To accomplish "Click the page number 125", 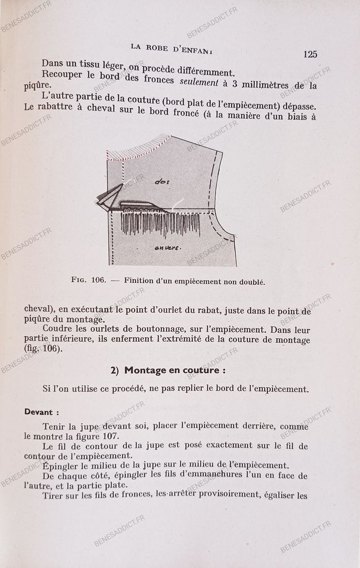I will coord(310,54).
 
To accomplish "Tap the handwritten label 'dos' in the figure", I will coord(162,181).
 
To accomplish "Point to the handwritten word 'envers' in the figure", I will coord(167,248).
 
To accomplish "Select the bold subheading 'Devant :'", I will coord(42,412).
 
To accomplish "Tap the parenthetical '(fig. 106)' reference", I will coord(43,349).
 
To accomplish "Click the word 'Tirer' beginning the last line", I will coord(53,495).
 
